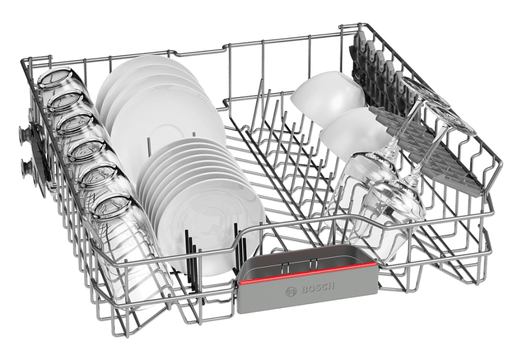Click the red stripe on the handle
(308, 273)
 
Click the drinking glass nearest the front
(123, 243)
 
